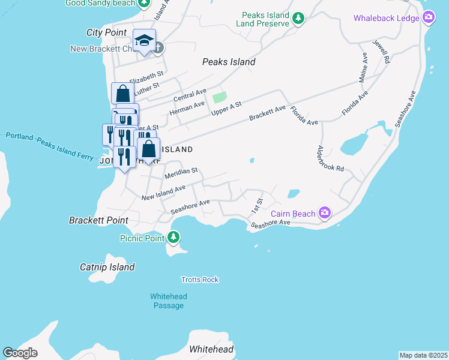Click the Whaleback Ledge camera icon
pos(429,17)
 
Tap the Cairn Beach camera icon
pos(325,213)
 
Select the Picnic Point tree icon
pos(173,238)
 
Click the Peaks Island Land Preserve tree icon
pos(298,19)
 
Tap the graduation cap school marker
pos(144,40)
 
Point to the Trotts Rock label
pos(200,280)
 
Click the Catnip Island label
pos(107,267)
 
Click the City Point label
pos(106,32)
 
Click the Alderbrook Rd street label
pos(330,159)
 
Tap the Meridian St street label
pos(181,172)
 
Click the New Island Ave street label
pos(163,193)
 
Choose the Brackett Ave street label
pos(268,113)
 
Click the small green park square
pos(220,97)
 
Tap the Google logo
pos(20,353)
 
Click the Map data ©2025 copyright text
pos(423,355)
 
